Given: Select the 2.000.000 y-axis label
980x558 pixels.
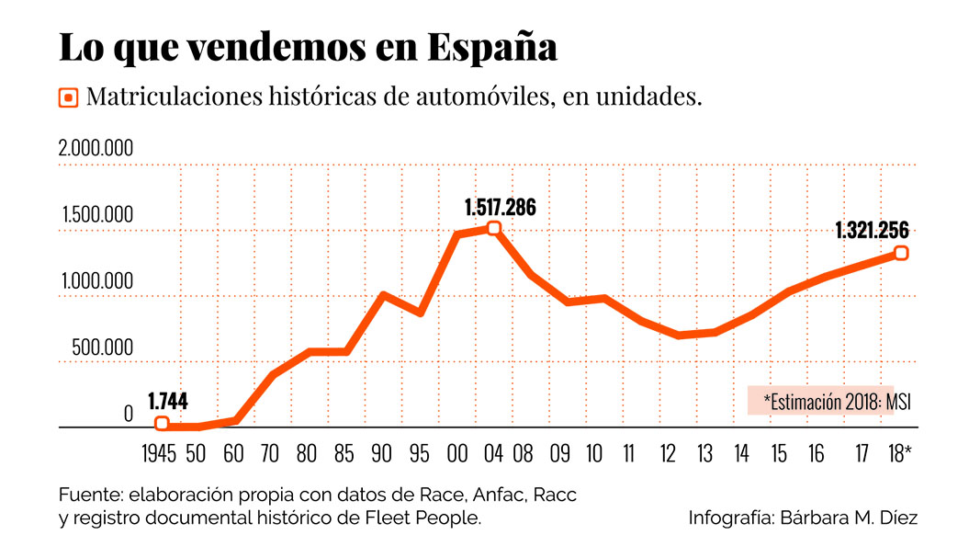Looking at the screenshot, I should click(96, 149).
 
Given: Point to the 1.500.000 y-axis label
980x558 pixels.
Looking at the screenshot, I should click(97, 215).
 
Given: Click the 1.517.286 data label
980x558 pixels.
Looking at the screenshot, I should click(500, 207).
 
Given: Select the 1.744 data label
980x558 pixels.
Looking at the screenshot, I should click(167, 401).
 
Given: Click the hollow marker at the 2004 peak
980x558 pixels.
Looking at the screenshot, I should click(494, 228).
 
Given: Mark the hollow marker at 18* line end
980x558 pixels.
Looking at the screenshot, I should click(901, 253).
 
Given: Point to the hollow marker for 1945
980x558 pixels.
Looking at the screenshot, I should click(162, 424).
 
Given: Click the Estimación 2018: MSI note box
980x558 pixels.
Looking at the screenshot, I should click(820, 401).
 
